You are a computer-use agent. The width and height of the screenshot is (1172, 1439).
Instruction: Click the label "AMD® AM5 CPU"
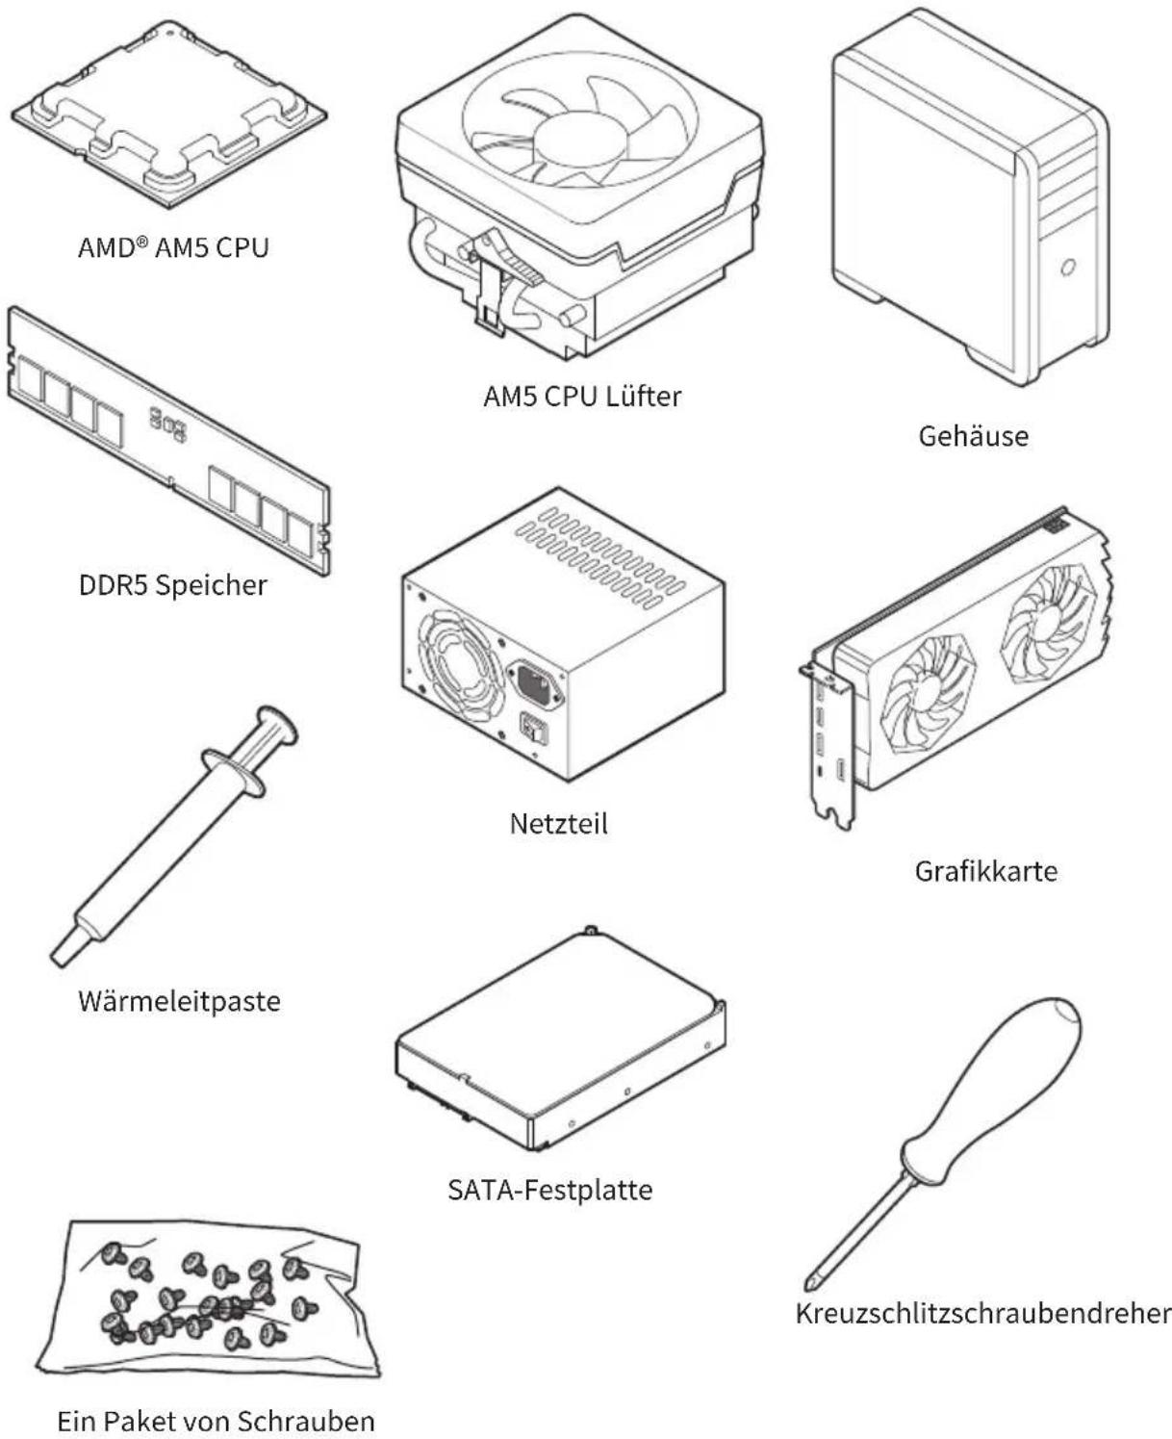pos(173,248)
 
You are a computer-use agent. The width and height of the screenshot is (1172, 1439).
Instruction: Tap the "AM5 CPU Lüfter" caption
pos(582,397)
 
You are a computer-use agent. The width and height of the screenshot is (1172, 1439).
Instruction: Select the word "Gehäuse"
pos(974,436)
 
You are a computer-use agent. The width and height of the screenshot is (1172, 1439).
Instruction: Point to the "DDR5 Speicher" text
pos(173,586)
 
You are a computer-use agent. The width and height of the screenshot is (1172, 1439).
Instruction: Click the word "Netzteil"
pos(558,824)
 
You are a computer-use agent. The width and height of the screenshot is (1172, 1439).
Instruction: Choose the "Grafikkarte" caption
pos(985,871)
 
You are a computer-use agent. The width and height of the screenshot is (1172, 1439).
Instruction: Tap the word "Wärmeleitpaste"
pos(179,1001)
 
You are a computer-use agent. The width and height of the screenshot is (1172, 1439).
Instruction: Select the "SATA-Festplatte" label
pos(550,1190)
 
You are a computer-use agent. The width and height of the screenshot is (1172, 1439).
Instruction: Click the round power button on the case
pos(1067,268)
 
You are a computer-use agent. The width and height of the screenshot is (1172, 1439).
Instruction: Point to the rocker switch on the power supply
pos(533,729)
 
